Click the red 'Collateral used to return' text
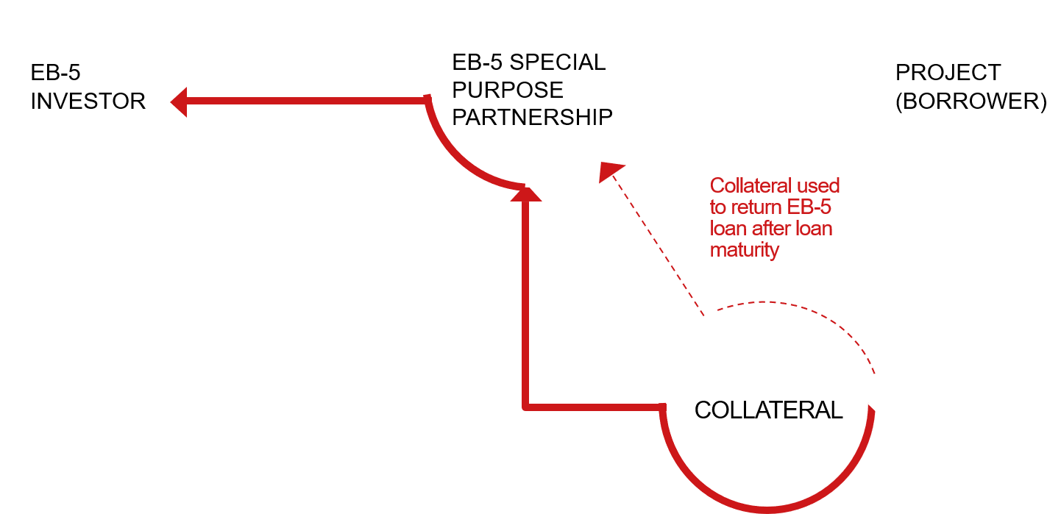click(774, 218)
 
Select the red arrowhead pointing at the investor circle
click(180, 104)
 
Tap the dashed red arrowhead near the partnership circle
click(608, 171)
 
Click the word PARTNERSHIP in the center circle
click(532, 116)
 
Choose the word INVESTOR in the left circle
click(88, 101)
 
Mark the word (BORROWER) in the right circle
click(970, 101)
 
